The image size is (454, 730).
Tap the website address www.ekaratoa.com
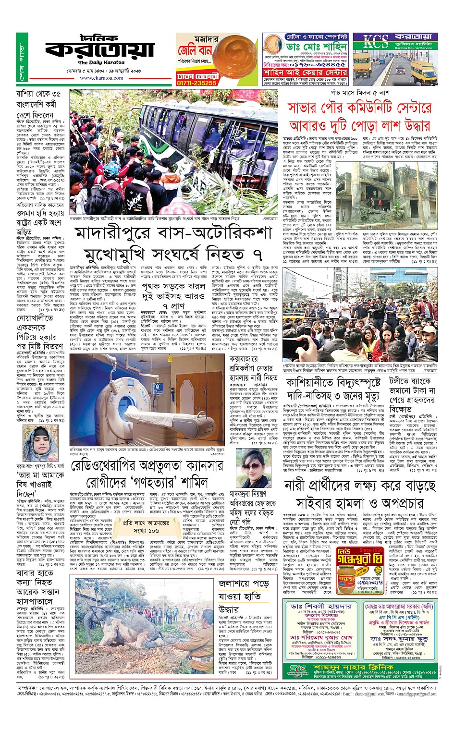tap(101, 78)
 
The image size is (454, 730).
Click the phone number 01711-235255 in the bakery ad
tap(196, 83)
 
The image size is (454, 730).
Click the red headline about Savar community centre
tap(359, 117)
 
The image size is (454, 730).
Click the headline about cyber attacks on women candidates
tap(359, 494)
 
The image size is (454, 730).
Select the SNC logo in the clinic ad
tap(297, 670)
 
